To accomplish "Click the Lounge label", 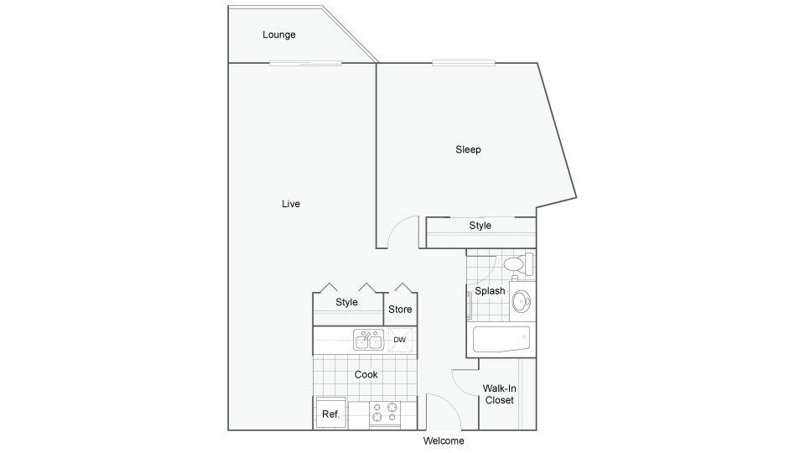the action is click(278, 35).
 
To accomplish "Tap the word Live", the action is click(291, 204).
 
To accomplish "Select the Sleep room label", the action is click(468, 149).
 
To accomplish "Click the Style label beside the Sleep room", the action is click(480, 226).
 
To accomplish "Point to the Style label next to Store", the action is click(346, 302).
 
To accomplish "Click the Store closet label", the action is click(400, 310).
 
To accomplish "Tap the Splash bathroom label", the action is click(490, 291).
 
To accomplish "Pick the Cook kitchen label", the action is click(366, 374).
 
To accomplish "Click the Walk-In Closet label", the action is click(500, 394).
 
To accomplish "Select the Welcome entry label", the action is click(444, 440).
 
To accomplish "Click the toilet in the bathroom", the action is click(518, 264).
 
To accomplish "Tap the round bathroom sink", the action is click(521, 301).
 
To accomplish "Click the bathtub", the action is click(501, 339).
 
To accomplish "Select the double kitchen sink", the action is click(369, 340).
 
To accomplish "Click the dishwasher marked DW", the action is click(400, 340).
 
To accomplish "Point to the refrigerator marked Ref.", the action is click(330, 414).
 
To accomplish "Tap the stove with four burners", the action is click(385, 414).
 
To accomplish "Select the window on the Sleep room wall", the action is click(464, 63).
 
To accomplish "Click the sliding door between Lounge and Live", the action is click(305, 63).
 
